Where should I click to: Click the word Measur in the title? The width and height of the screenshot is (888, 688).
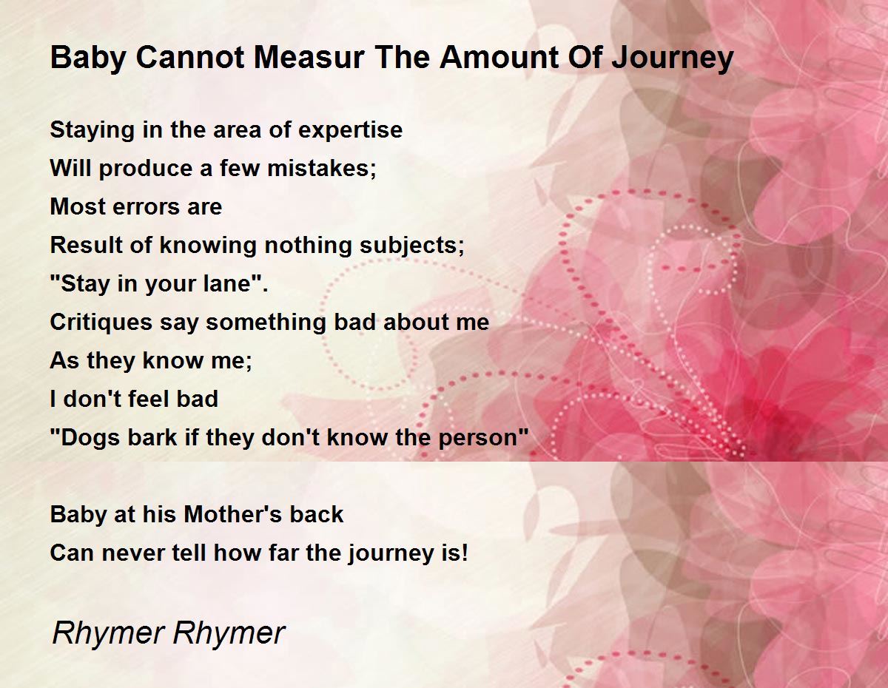pos(309,57)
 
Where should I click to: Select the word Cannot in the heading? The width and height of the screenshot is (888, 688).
pos(190,57)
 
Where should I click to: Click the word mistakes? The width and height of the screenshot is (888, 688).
pos(322,169)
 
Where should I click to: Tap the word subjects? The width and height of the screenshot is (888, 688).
pos(412,246)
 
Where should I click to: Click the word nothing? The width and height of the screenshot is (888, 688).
pos(308,246)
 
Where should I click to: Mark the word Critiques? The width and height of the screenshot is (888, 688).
pos(101,323)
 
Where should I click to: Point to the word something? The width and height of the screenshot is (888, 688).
pos(266,323)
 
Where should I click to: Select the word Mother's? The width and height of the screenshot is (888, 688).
pos(233,514)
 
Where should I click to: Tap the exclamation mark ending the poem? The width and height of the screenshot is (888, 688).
pos(464,553)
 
